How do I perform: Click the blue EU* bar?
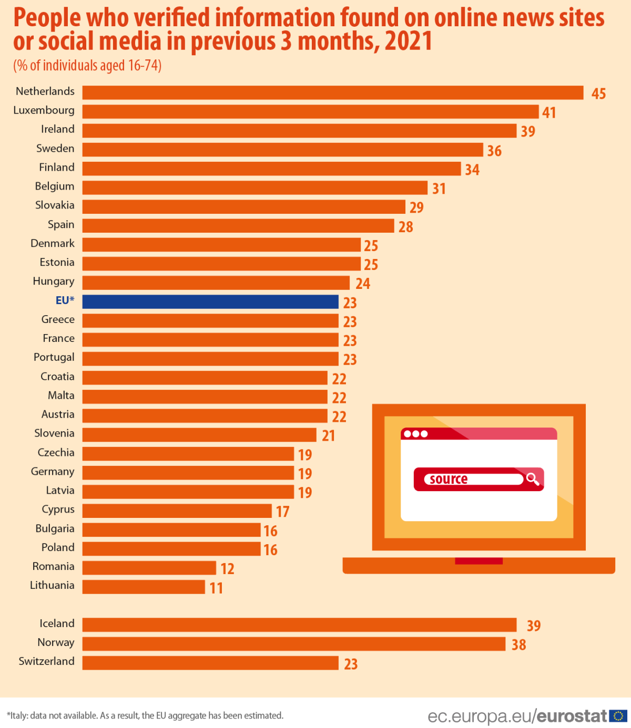coord(210,301)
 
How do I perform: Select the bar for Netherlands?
coord(332,92)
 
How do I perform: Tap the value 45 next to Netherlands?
coord(598,93)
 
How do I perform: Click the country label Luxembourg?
coord(44,110)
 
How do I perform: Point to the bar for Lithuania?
coord(144,587)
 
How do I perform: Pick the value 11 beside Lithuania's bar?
coord(216,588)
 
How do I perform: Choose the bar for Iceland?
coord(299,625)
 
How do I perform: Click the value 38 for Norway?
coord(518,644)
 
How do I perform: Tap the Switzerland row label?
coord(46,661)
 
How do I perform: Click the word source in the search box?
coord(449,479)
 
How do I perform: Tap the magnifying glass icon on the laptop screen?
coord(533,479)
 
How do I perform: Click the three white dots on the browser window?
coord(416,434)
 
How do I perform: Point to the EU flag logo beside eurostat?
coord(618,715)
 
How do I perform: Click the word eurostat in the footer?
coord(572,716)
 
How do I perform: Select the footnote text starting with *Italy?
coord(145,715)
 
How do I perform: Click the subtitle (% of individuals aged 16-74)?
coord(87,66)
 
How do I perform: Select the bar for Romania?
coord(149,568)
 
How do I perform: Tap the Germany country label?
coord(53,472)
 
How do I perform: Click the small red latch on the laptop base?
coord(479,561)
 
